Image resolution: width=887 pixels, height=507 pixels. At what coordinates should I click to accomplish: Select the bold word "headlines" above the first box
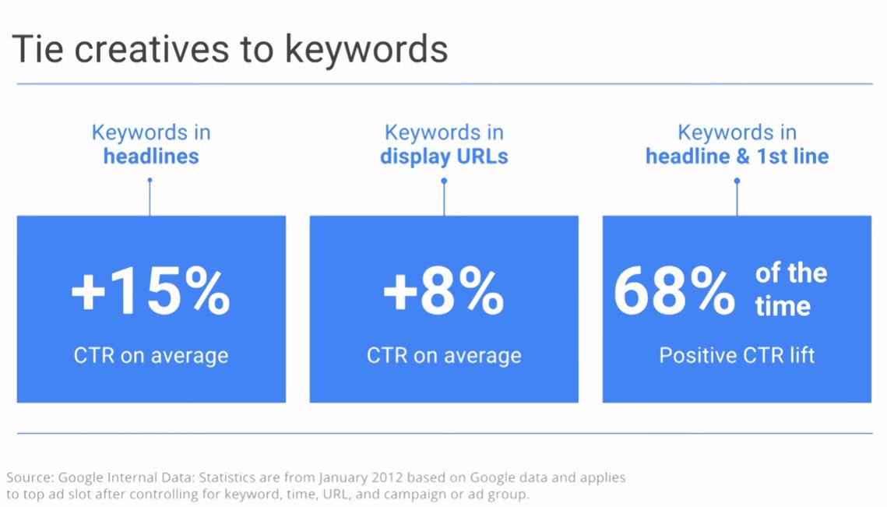coord(151,157)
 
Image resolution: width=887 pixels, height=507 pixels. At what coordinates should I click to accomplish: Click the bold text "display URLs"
coord(444,157)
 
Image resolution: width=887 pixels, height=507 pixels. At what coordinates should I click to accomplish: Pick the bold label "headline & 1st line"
coord(737,157)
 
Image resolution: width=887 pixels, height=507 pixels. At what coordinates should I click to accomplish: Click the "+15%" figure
coord(150,290)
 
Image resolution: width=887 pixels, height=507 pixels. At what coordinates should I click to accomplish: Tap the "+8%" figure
coord(444,290)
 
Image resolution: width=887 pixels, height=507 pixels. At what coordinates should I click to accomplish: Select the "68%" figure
coord(674,290)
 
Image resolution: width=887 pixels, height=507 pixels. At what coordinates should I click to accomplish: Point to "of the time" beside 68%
coord(791,289)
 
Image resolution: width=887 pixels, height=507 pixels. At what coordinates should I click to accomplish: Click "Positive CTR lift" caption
coord(737,355)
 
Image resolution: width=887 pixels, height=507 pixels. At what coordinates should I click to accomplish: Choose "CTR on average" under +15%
coord(151,356)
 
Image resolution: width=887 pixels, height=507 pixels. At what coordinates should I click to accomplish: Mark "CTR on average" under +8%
coord(444,356)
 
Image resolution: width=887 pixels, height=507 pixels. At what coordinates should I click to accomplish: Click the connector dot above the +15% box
coord(150,181)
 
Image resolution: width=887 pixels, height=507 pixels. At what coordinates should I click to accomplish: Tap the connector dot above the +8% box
coord(444,181)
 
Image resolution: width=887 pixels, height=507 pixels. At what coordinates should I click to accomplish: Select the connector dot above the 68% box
coord(737,181)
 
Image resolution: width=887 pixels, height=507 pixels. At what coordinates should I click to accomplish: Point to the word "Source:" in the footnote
coord(30,477)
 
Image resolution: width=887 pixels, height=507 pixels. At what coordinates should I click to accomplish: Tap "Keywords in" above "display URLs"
coord(444,132)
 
